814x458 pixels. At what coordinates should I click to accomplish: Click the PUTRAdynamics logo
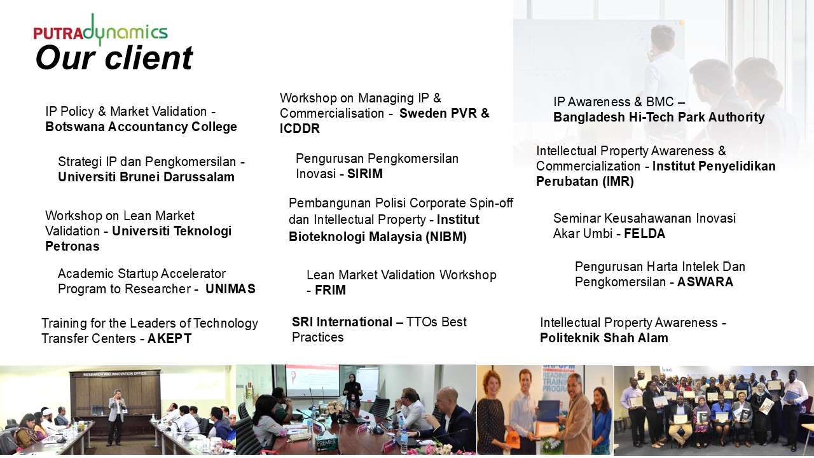[100, 30]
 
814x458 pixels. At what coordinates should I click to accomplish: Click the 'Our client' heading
[114, 58]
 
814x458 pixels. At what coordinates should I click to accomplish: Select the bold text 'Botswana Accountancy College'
[141, 127]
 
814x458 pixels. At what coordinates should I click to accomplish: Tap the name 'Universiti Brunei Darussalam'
[146, 177]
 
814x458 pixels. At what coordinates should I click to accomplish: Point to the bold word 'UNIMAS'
[230, 289]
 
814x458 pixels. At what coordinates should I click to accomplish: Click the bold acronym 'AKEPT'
[169, 338]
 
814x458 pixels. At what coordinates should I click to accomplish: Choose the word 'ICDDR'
[300, 128]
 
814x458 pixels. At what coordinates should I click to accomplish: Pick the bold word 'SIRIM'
[365, 174]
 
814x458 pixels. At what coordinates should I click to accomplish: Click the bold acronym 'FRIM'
[330, 290]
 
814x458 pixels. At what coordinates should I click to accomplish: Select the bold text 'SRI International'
[342, 322]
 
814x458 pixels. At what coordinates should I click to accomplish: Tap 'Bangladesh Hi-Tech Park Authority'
[659, 117]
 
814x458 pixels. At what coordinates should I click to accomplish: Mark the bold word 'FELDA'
[644, 233]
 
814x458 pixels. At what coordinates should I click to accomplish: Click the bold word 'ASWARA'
[705, 282]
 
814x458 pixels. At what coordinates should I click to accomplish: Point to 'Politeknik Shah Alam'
[604, 338]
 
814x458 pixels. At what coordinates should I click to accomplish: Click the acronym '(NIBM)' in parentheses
[446, 237]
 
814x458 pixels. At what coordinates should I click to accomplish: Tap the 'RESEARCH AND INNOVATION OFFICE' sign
[115, 373]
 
